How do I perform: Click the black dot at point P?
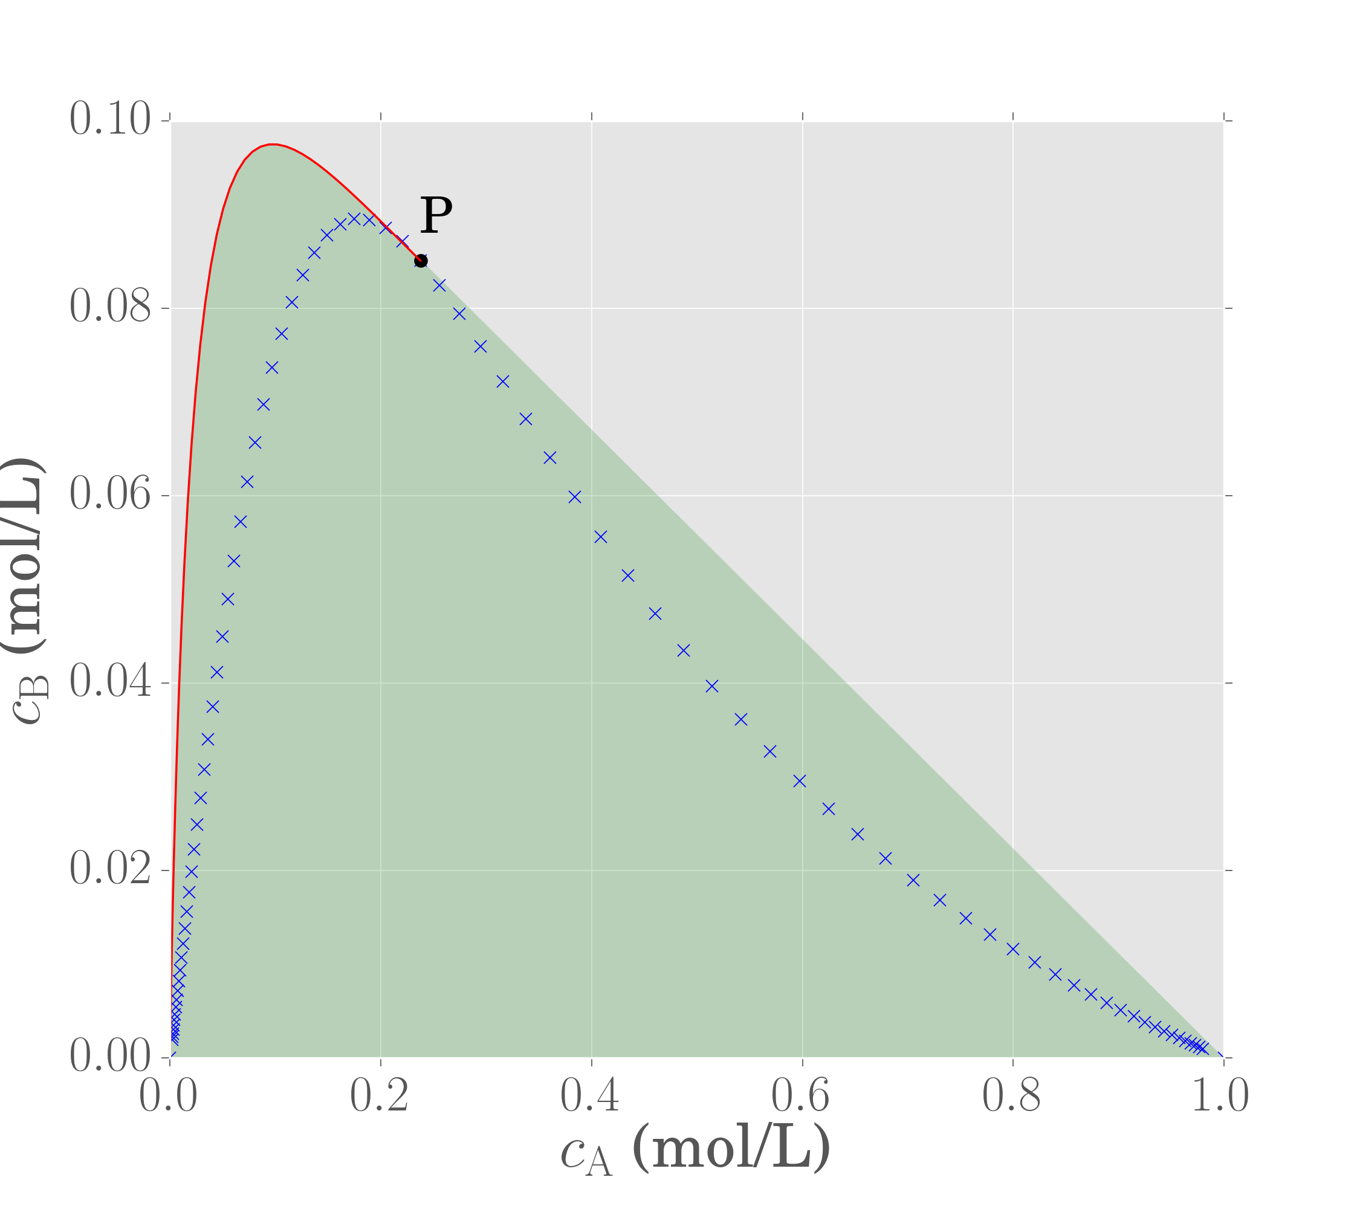pyautogui.click(x=421, y=260)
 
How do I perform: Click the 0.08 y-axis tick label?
pyautogui.click(x=111, y=308)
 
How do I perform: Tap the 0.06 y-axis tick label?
pyautogui.click(x=111, y=496)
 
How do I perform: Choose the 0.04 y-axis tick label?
pyautogui.click(x=111, y=682)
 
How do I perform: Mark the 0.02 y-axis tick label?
pyautogui.click(x=111, y=870)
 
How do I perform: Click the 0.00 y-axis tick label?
pyautogui.click(x=111, y=1057)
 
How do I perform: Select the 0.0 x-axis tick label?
pyautogui.click(x=167, y=1095)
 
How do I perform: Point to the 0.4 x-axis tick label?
pyautogui.click(x=590, y=1095)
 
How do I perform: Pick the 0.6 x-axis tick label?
pyautogui.click(x=801, y=1095)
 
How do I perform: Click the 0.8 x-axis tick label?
pyautogui.click(x=1011, y=1095)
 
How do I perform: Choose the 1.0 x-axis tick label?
pyautogui.click(x=1221, y=1095)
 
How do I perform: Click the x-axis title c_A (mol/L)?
pyautogui.click(x=695, y=1150)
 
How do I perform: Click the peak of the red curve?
pyautogui.click(x=273, y=144)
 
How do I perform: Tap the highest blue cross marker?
pyautogui.click(x=355, y=218)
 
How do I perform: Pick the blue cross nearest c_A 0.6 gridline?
pyautogui.click(x=800, y=781)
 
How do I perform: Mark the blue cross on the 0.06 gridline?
pyautogui.click(x=575, y=497)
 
